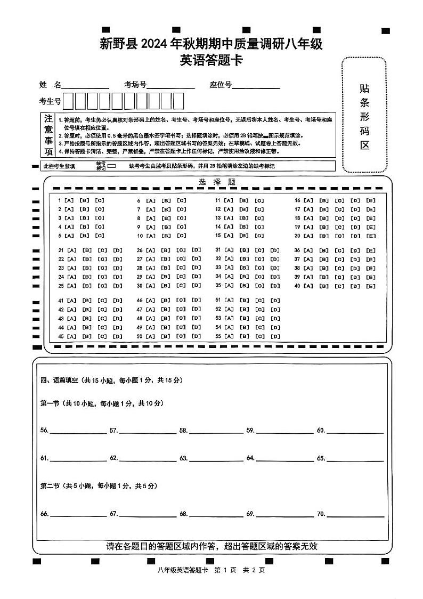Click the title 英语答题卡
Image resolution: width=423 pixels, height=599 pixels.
(x=211, y=61)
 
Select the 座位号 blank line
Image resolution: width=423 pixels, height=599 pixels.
(x=256, y=85)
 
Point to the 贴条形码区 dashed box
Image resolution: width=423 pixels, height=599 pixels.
(x=364, y=115)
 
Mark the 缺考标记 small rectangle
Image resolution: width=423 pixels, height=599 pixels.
(x=112, y=166)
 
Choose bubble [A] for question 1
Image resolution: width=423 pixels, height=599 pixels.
(x=69, y=201)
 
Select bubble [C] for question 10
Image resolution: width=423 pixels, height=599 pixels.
(x=182, y=236)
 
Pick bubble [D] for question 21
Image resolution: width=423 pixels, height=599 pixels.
(x=118, y=250)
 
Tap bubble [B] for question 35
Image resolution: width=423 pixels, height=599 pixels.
(x=245, y=286)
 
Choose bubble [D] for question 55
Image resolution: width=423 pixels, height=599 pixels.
(x=275, y=336)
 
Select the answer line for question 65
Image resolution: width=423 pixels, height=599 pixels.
(x=354, y=458)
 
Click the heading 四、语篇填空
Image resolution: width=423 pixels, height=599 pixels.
(x=60, y=381)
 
